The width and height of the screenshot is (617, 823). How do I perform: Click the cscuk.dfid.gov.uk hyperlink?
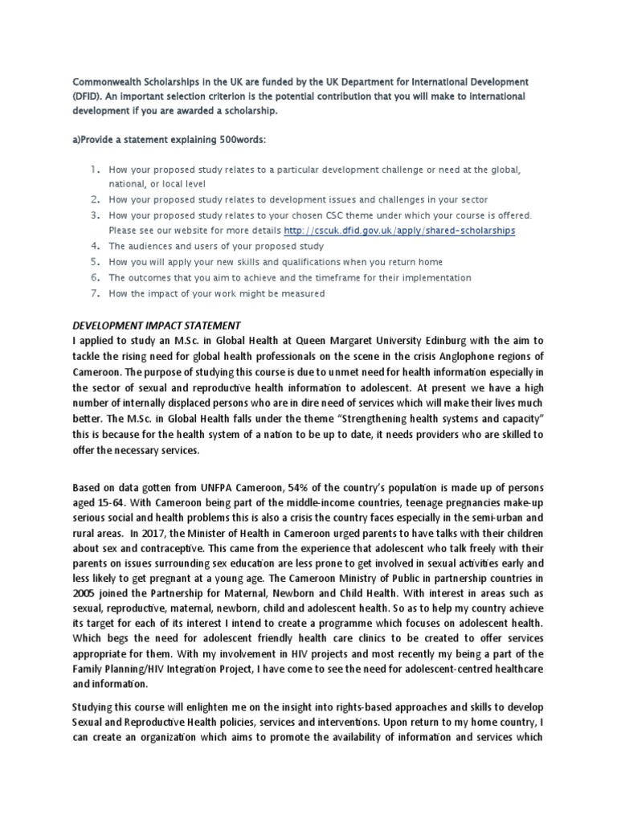pos(399,230)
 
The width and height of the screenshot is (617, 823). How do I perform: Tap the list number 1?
pos(94,170)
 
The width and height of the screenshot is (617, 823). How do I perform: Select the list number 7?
pos(94,293)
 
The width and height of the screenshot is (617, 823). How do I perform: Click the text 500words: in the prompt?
pos(237,139)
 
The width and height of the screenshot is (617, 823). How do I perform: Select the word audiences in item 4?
pos(152,246)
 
